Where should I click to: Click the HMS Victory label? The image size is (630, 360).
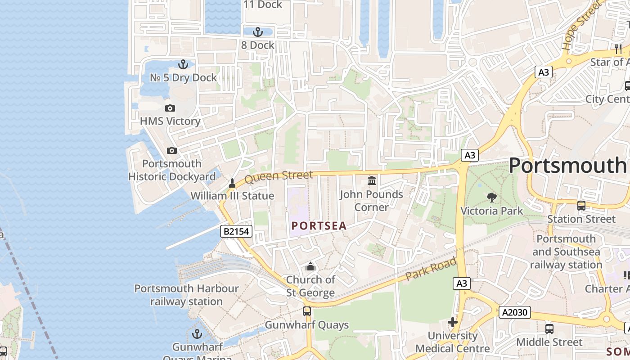(x=170, y=121)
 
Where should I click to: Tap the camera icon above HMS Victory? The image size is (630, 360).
(x=170, y=108)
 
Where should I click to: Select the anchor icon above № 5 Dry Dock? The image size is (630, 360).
(x=183, y=64)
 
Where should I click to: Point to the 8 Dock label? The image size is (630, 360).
(x=257, y=45)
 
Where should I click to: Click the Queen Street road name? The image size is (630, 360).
(x=279, y=176)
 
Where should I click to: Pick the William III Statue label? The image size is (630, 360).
(x=232, y=196)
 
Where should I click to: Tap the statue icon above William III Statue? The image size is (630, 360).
(x=232, y=183)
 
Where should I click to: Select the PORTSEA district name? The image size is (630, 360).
(x=319, y=226)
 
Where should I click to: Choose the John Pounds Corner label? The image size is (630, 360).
(x=372, y=201)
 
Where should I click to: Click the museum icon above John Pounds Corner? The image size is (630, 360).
(x=372, y=181)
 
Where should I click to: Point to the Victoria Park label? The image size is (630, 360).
(x=492, y=211)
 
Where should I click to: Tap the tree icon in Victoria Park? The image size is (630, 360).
(x=492, y=197)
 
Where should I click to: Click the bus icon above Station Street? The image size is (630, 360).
(x=581, y=206)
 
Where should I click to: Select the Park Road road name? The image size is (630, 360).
(x=431, y=269)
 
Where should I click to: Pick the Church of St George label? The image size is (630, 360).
(x=310, y=286)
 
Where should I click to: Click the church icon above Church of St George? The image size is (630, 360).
(x=310, y=267)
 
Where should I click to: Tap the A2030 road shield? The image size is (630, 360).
(x=514, y=312)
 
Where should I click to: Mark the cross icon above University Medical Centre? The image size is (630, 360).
(x=453, y=322)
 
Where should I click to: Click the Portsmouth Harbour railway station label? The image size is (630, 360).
(x=186, y=295)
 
